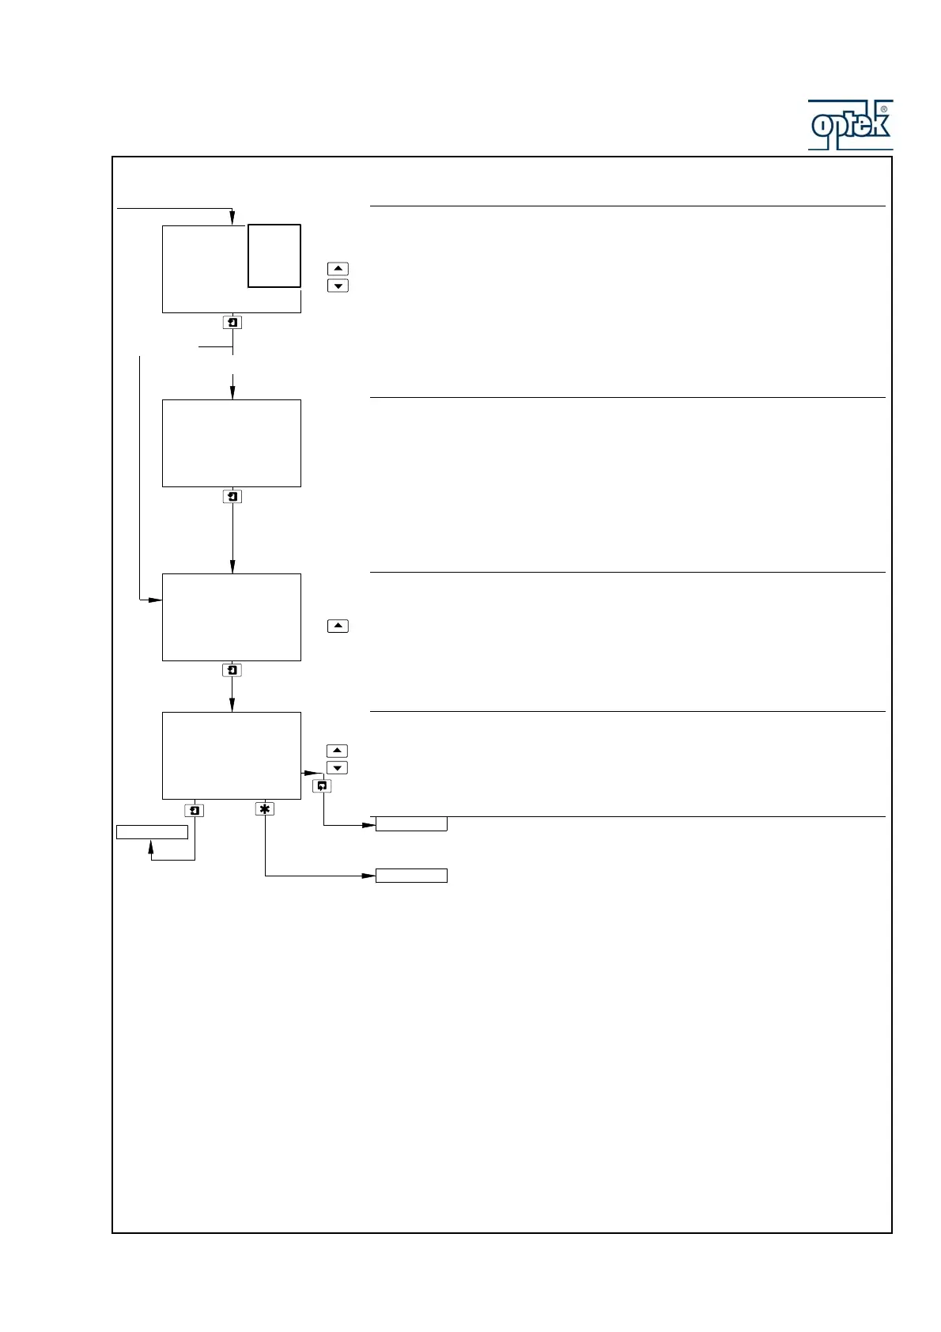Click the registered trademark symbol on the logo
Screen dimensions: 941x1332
tap(883, 109)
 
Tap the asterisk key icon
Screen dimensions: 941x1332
tap(265, 809)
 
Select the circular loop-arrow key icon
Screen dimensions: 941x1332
tap(322, 786)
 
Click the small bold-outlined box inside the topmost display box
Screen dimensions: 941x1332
tap(274, 255)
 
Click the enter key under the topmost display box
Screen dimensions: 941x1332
tap(232, 323)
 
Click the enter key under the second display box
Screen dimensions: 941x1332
tap(232, 497)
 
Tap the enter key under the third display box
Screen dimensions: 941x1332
tap(232, 671)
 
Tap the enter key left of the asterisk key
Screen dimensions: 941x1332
tap(195, 811)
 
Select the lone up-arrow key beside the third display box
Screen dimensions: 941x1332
tap(338, 626)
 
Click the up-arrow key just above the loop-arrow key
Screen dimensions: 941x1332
tap(338, 751)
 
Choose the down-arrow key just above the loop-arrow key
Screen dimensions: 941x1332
tap(338, 768)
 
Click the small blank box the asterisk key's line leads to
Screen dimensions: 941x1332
tap(411, 876)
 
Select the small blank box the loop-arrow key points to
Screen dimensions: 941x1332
tap(411, 824)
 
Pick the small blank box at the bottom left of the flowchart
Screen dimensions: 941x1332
tap(152, 832)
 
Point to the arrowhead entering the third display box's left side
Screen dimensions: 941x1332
tap(157, 600)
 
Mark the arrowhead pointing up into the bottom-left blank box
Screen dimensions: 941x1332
tap(151, 845)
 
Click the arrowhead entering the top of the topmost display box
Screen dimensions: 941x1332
tap(232, 219)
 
